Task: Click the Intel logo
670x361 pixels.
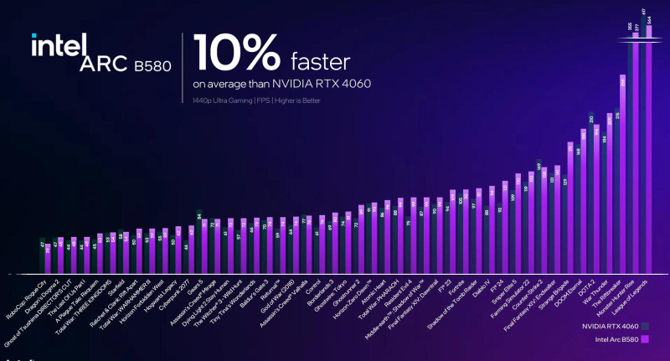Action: coord(59,45)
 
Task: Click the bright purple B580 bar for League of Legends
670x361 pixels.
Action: coord(649,151)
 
